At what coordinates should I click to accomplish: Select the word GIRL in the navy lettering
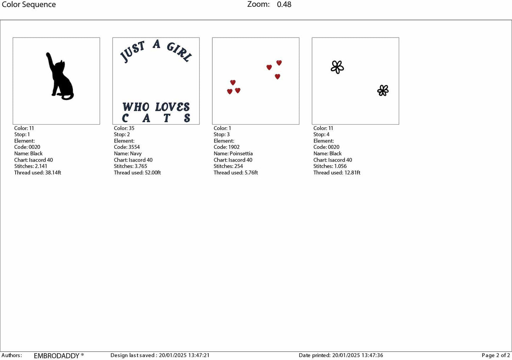[179, 52]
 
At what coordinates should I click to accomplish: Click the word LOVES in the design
[173, 107]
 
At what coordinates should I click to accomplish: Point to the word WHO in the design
[136, 107]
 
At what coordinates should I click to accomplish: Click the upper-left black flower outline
[337, 67]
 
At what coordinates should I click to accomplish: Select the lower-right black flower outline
[383, 91]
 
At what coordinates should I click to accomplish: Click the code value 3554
[134, 147]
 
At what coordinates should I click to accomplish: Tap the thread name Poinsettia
[241, 153]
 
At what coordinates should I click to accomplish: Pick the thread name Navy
[136, 153]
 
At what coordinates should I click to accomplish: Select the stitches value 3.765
[141, 166]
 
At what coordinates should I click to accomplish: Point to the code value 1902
[234, 147]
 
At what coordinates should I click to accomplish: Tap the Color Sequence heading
[29, 5]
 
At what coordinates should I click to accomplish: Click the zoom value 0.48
[284, 5]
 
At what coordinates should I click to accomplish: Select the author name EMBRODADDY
[57, 356]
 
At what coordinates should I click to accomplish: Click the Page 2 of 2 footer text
[496, 355]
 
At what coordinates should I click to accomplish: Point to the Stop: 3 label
[221, 134]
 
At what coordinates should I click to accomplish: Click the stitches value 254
[238, 166]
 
